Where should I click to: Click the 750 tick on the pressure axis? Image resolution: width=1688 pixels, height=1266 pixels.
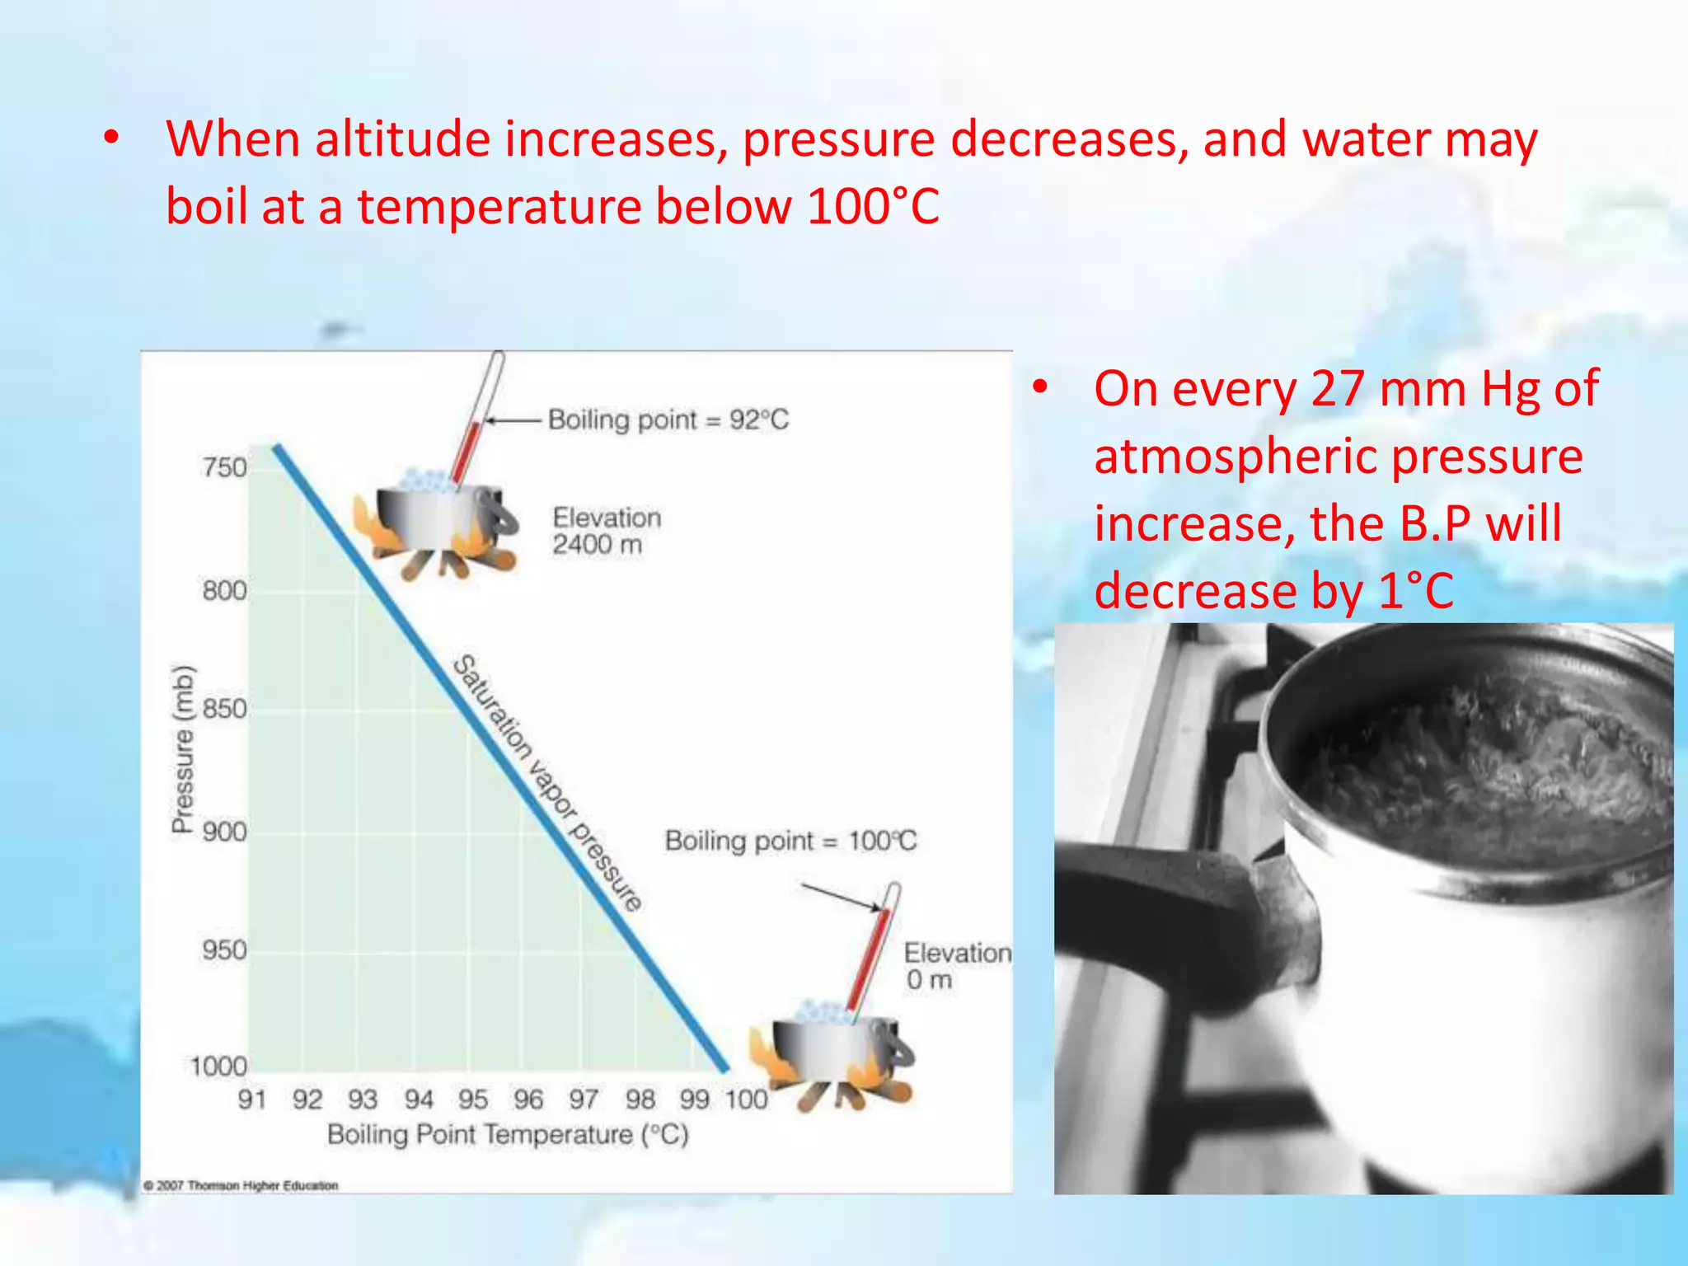click(224, 467)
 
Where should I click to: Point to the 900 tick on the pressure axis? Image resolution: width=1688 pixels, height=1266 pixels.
click(224, 832)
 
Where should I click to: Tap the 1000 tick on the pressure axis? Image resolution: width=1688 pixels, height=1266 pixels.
click(218, 1067)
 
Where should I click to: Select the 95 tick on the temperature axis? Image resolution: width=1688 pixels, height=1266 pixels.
click(473, 1099)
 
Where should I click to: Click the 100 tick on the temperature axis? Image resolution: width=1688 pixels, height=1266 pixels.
click(746, 1099)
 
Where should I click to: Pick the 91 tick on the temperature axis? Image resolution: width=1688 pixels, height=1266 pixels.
click(252, 1099)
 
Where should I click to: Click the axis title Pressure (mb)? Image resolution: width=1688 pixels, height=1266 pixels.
click(183, 748)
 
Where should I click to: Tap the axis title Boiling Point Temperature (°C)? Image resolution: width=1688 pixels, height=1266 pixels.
click(508, 1135)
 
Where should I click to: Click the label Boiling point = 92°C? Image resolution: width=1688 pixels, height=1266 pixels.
click(668, 420)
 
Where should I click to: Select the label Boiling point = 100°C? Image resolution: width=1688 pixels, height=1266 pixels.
click(790, 841)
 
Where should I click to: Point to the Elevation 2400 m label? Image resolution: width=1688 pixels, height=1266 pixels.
click(607, 531)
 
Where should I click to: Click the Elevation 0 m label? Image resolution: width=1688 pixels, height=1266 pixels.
click(956, 966)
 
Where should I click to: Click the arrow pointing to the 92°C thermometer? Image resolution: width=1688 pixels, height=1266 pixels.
click(513, 420)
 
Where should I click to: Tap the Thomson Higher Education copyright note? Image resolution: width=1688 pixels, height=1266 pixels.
click(241, 1185)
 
